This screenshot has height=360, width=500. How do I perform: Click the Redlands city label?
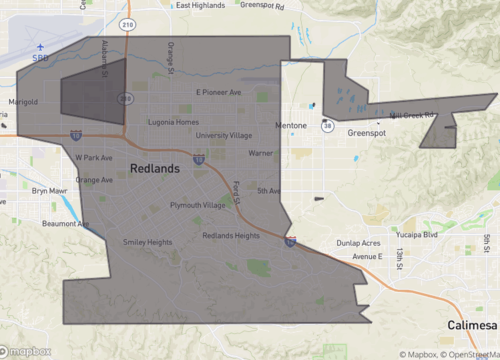[155, 169]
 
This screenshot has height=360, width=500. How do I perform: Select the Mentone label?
[294, 126]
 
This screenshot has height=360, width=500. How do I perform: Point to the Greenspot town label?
[367, 132]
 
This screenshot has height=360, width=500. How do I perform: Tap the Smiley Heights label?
[146, 242]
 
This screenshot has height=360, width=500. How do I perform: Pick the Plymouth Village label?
[197, 205]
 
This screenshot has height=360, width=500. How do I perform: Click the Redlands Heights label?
[231, 236]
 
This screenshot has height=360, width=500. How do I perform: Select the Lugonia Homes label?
[175, 121]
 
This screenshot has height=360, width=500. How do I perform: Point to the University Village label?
[224, 135]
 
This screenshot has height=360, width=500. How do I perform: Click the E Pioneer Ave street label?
[218, 93]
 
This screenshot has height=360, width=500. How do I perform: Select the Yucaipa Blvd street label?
[417, 235]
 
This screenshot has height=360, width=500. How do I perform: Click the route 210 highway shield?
[127, 24]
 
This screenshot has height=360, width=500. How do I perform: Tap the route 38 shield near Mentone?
[327, 126]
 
